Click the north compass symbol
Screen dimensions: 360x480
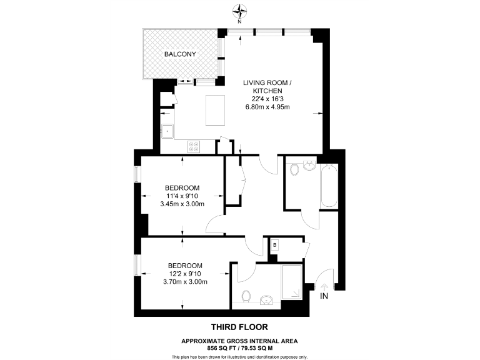pyautogui.click(x=239, y=11)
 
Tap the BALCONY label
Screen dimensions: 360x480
pyautogui.click(x=180, y=54)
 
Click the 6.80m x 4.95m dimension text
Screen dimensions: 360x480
pyautogui.click(x=268, y=107)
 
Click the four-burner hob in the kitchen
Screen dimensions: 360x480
pyautogui.click(x=194, y=147)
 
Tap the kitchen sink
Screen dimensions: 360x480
pyautogui.click(x=167, y=132)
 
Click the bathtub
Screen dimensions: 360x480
pyautogui.click(x=328, y=186)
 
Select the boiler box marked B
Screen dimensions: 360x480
pyautogui.click(x=274, y=246)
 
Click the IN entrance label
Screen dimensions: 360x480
pyautogui.click(x=324, y=296)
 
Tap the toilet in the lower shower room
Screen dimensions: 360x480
pyautogui.click(x=246, y=296)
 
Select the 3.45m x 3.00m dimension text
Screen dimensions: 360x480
pyautogui.click(x=182, y=204)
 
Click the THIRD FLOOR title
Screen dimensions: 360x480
pyautogui.click(x=239, y=326)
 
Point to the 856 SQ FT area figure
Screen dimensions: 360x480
pyautogui.click(x=221, y=347)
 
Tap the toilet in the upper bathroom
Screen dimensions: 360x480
pyautogui.click(x=294, y=168)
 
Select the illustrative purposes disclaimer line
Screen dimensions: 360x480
pyautogui.click(x=239, y=356)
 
